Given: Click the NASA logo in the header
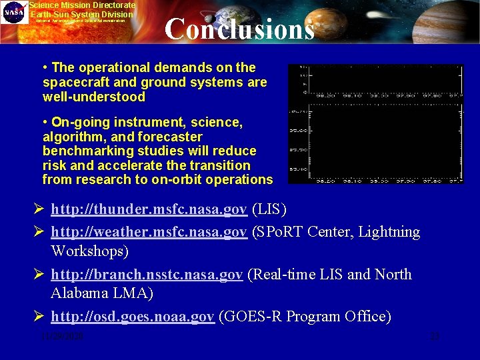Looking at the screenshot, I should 13,13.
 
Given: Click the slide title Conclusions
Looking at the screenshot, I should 239,29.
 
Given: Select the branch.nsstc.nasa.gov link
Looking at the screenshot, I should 147,275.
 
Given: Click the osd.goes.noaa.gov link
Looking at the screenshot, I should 133,317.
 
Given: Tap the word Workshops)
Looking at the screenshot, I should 90,251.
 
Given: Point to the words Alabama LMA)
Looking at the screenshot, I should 102,293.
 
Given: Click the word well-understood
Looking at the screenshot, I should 93,97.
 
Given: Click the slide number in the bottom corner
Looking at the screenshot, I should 435,337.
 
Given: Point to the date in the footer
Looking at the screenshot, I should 61,337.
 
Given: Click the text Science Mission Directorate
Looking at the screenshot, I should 81,5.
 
